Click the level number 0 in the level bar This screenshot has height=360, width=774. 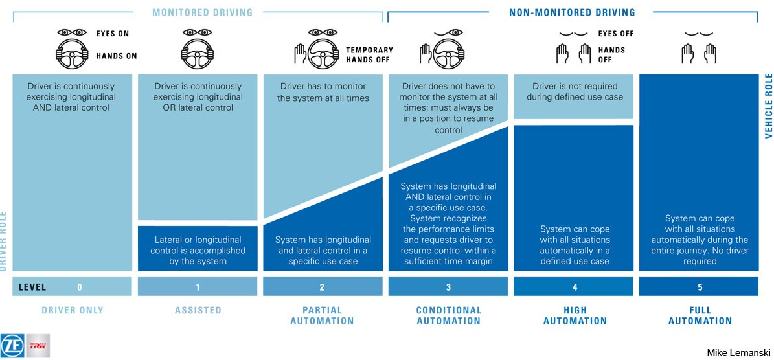80,287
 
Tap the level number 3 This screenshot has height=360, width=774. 448,287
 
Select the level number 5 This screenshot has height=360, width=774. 700,287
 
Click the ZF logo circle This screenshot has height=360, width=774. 13,346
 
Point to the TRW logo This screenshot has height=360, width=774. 38,346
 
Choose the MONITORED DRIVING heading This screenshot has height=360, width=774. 202,12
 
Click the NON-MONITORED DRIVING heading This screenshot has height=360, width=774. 572,12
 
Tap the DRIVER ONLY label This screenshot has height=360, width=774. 73,310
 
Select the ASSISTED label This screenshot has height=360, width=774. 198,310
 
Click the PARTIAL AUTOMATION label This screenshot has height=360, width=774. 323,315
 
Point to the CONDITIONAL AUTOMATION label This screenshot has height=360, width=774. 448,315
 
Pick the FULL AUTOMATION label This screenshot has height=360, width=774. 700,315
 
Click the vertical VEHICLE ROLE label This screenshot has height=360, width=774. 769,105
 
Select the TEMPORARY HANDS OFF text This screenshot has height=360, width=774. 369,54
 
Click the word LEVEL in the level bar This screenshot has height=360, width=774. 32,287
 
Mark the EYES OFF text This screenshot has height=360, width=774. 616,34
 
